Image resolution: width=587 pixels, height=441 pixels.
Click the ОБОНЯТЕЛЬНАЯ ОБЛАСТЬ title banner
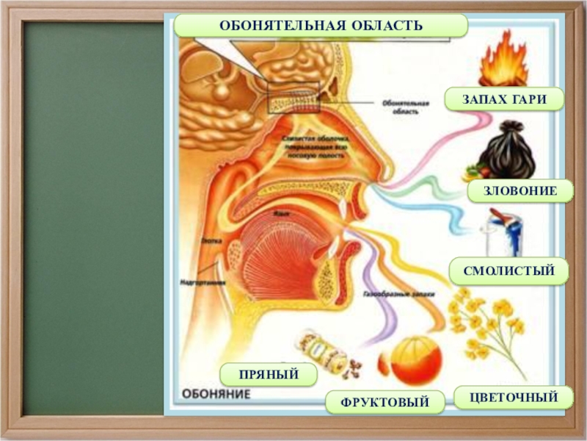coord(321,26)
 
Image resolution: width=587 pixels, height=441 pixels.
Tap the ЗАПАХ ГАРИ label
coord(504,99)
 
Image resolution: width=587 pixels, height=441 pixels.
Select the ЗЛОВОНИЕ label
coord(519,190)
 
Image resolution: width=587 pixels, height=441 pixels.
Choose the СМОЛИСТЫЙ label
coord(510,271)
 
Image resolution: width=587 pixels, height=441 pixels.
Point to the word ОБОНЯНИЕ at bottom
coord(216,393)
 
